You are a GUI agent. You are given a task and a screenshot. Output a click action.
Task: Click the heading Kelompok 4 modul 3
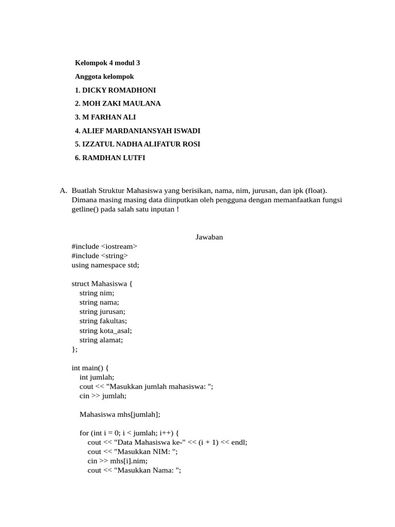tap(107, 63)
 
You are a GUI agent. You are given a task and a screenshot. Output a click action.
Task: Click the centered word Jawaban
tap(209, 237)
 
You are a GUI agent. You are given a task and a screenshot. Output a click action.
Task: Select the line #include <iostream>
tap(104, 246)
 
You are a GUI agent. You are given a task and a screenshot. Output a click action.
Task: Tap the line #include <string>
tap(100, 255)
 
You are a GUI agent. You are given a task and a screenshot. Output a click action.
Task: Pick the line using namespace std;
tap(105, 265)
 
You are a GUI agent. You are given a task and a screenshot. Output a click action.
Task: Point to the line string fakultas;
tap(103, 321)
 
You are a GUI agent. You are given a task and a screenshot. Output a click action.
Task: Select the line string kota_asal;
tap(106, 330)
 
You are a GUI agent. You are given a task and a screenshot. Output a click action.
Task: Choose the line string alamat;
tap(101, 340)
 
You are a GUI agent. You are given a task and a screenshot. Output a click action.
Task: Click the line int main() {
tap(91, 368)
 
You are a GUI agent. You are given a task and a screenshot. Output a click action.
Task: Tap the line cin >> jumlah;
tap(103, 396)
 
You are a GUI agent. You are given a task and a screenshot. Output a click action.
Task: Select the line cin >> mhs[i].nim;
tap(117, 461)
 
